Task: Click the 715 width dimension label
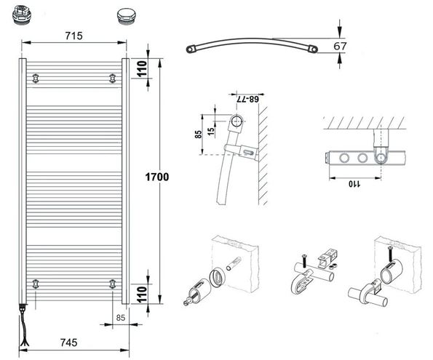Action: click(x=74, y=36)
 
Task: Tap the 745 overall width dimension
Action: click(x=68, y=343)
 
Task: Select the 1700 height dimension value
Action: click(x=157, y=177)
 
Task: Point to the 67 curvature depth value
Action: click(x=340, y=46)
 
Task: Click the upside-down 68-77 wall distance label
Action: click(x=247, y=99)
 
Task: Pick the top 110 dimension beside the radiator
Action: click(x=142, y=68)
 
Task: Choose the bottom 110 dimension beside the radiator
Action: click(x=142, y=294)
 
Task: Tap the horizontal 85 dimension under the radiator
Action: click(x=121, y=318)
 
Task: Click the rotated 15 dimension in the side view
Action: click(x=211, y=131)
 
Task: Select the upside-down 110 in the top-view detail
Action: click(x=354, y=184)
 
